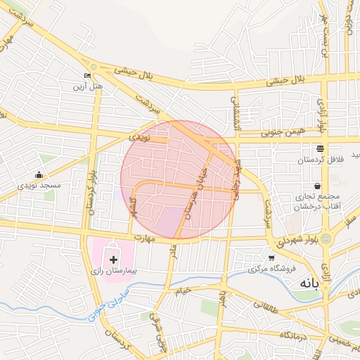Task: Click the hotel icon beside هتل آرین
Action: click(87, 76)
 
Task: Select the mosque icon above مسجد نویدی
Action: click(38, 175)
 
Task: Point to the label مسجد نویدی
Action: click(39, 185)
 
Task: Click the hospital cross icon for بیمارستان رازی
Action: click(114, 260)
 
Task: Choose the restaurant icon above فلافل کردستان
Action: click(320, 148)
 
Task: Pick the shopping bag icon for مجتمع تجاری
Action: click(318, 186)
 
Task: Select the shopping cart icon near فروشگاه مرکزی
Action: click(272, 258)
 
